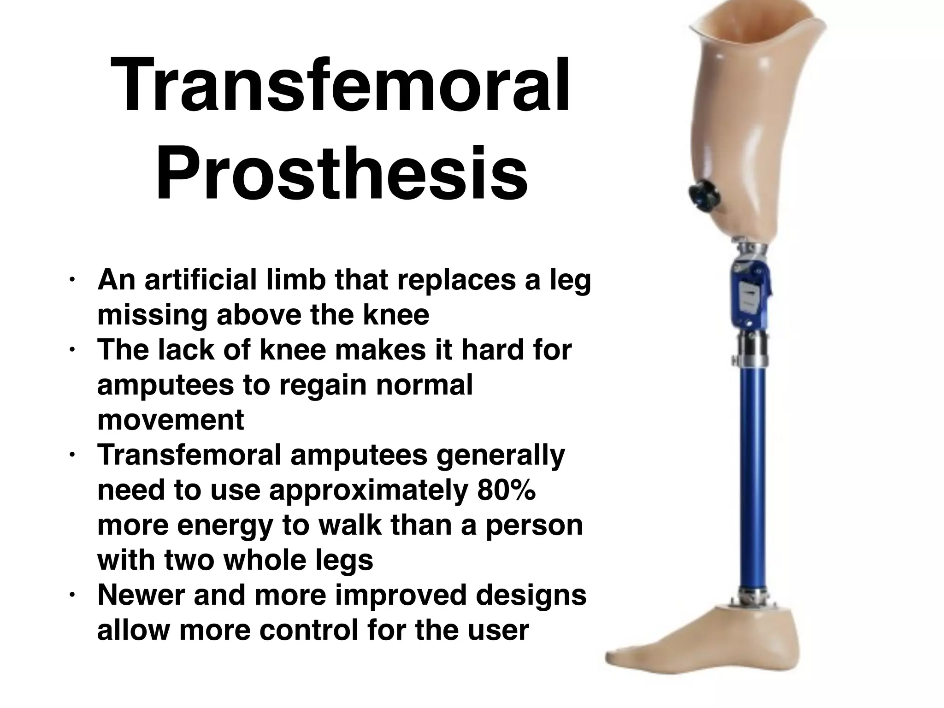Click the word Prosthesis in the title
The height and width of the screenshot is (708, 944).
pyautogui.click(x=342, y=174)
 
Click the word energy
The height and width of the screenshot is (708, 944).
pyautogui.click(x=225, y=526)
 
